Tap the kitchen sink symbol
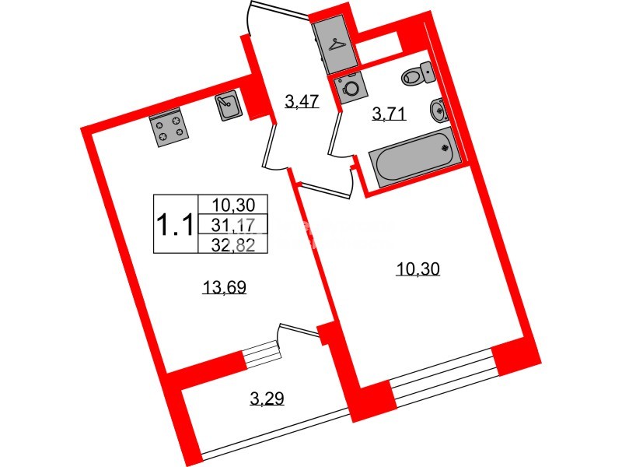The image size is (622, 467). point(229,104)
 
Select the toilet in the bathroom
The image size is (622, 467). point(418,73)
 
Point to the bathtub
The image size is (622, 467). point(415,159)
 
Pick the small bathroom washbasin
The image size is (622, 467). point(439,109)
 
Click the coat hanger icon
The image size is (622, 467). point(338,44)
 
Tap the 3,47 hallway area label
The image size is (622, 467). point(302,102)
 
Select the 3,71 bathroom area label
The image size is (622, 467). point(390,114)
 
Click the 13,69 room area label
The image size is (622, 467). point(225,286)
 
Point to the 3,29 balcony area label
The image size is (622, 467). point(267,398)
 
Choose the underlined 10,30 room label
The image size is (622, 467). point(418,269)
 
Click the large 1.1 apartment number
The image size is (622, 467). point(175,224)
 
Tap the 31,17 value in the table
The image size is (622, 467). point(232,226)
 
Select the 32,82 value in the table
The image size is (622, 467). point(232,245)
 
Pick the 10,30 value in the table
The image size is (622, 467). point(232,205)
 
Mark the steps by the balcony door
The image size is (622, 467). point(260,353)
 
